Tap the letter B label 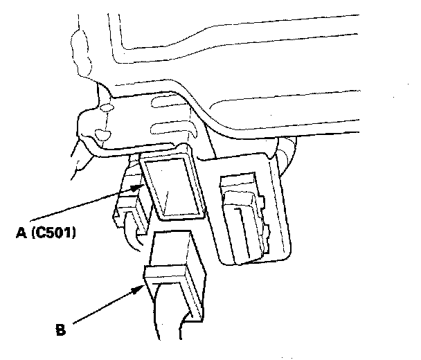pyautogui.click(x=60, y=330)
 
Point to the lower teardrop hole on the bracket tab pyautogui.click(x=102, y=133)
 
